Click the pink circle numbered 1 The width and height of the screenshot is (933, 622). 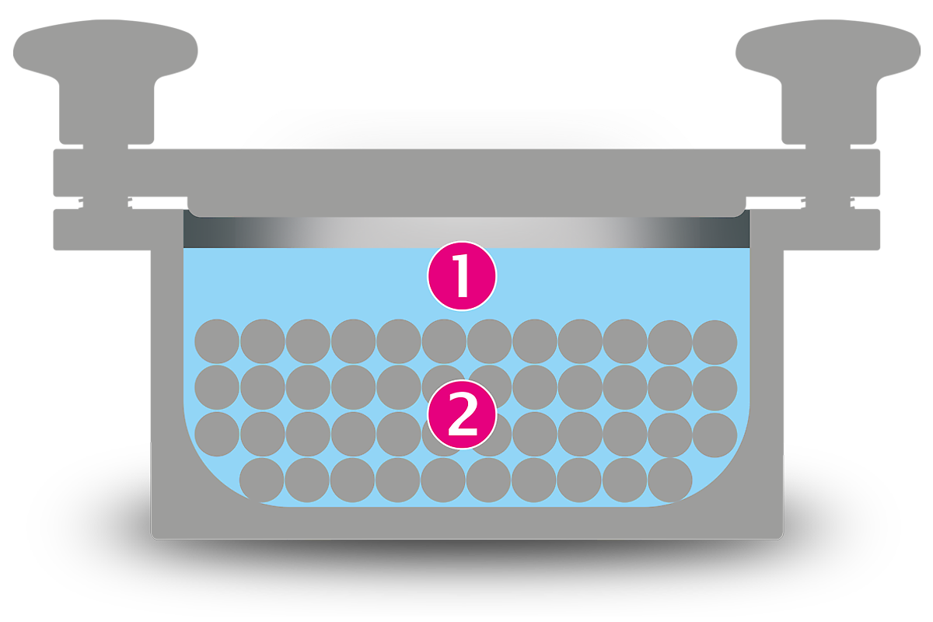pos(462,276)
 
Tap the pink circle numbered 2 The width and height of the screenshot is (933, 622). pos(462,414)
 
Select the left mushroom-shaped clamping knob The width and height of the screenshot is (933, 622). pos(106,81)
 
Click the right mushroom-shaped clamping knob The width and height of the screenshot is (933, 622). pos(828,81)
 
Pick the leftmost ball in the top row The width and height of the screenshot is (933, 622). pos(217,341)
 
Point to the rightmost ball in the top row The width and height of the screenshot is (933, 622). pos(715,342)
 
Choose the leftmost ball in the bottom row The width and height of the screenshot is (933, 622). pos(261,480)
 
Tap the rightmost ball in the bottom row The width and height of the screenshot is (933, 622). pos(669,480)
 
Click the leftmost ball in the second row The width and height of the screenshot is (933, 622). pos(217,387)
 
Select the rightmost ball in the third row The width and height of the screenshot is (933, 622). pos(715,435)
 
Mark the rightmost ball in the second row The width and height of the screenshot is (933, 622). pos(715,388)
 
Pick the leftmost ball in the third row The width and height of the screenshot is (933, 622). pos(217,434)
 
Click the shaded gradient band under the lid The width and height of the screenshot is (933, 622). pos(466,232)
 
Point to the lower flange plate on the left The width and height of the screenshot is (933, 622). pos(102,229)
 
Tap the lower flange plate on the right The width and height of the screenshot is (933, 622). pos(831,229)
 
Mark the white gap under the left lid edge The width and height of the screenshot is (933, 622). pos(159,203)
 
